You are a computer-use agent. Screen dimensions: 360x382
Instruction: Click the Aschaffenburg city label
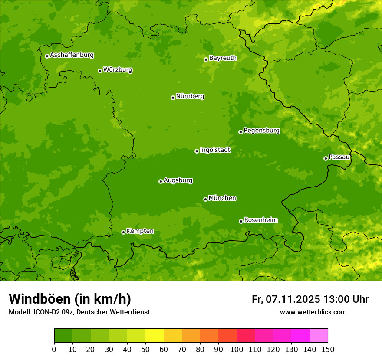pos(72,55)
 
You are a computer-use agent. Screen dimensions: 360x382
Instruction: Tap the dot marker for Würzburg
pos(100,71)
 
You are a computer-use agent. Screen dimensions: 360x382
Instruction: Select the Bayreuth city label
pos(223,58)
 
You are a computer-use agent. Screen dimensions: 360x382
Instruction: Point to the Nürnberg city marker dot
pos(173,98)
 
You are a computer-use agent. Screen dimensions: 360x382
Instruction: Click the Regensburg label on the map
pos(261,131)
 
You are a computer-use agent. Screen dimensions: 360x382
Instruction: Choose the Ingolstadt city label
pos(215,150)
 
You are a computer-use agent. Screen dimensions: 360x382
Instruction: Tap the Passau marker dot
pos(326,158)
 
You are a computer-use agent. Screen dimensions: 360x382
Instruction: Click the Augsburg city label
pos(178,180)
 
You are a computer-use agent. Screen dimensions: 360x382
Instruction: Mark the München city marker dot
pos(205,199)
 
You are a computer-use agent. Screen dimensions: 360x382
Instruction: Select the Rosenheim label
pos(260,220)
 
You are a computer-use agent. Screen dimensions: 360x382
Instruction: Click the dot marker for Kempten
pos(123,232)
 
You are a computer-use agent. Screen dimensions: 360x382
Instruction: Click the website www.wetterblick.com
pos(313,312)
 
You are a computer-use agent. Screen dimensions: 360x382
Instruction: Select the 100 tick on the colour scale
pos(237,349)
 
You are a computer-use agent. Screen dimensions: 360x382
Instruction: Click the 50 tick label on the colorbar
pos(145,349)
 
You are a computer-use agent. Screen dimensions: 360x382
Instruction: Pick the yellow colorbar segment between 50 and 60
pos(155,336)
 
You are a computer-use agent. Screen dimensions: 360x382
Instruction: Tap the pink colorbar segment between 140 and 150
pos(319,336)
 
